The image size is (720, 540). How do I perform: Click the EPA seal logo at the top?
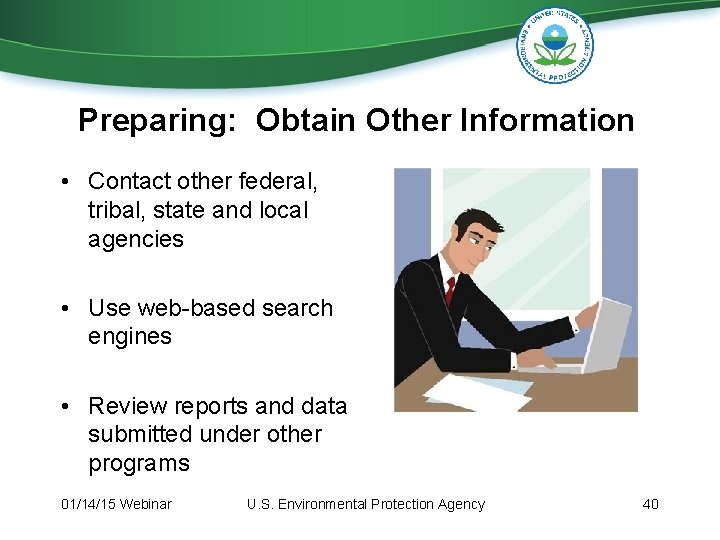pyautogui.click(x=555, y=45)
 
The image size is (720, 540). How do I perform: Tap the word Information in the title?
pyautogui.click(x=547, y=121)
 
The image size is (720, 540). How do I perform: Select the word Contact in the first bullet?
pyautogui.click(x=128, y=182)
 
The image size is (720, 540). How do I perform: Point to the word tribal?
pyautogui.click(x=117, y=211)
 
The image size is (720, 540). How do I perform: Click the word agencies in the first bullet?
pyautogui.click(x=136, y=239)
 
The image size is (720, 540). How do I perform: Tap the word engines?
pyautogui.click(x=130, y=336)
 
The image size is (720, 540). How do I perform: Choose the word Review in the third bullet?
pyautogui.click(x=124, y=406)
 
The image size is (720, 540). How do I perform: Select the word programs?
pyautogui.click(x=139, y=463)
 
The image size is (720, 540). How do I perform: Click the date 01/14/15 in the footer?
pyautogui.click(x=87, y=504)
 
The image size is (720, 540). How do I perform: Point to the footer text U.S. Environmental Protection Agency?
pyautogui.click(x=365, y=504)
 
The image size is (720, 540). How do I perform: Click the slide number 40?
pyautogui.click(x=650, y=504)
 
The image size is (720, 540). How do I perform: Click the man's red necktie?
pyautogui.click(x=450, y=290)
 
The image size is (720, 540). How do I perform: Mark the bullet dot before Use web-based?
pyautogui.click(x=63, y=308)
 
